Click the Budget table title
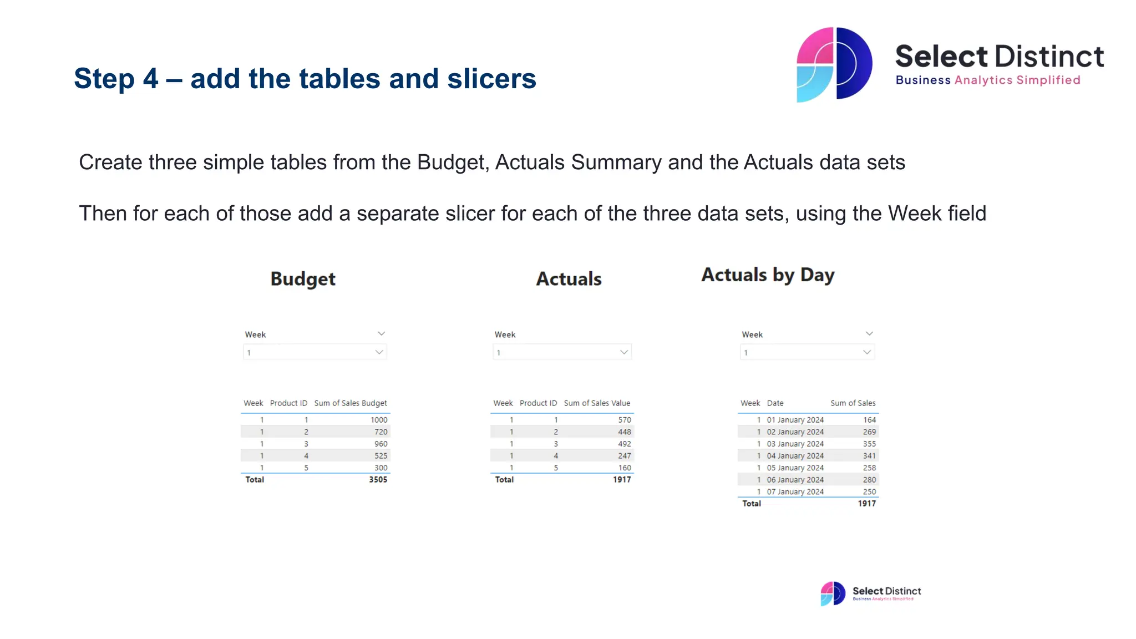(303, 279)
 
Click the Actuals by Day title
(768, 275)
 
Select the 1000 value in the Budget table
(379, 420)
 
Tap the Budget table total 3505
(378, 480)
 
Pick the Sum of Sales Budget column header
(351, 403)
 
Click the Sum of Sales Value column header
(597, 403)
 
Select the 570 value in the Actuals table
(625, 420)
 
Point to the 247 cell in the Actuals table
(625, 456)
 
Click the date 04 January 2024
(795, 456)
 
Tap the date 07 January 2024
(795, 492)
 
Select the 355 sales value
(869, 444)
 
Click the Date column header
(775, 403)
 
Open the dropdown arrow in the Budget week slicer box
(379, 352)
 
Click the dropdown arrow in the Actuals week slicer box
(624, 352)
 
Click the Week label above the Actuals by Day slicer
(752, 334)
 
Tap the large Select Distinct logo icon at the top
(834, 64)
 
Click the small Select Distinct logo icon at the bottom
(833, 594)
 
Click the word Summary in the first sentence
(616, 163)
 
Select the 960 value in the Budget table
(381, 444)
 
